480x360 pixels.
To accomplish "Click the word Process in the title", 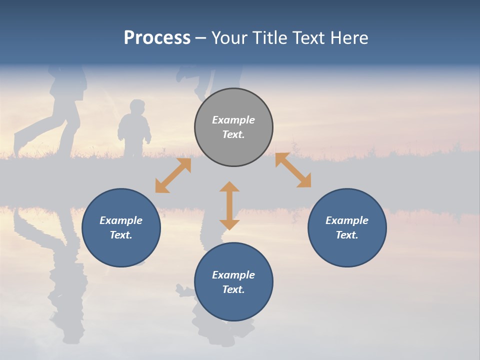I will click(157, 38).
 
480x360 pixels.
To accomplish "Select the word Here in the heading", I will click(349, 38).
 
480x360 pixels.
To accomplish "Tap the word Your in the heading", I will click(229, 38).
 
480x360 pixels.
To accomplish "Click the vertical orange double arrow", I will click(229, 205).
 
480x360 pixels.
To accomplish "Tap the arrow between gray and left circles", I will click(173, 175).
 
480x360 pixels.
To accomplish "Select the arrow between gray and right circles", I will click(293, 170).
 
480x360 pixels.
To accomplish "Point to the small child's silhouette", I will click(134, 130).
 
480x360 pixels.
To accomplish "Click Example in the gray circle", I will click(233, 120).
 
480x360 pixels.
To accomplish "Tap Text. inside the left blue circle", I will click(121, 235).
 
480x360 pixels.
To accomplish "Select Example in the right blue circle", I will click(347, 220).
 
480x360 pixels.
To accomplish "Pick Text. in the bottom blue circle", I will click(233, 289).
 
